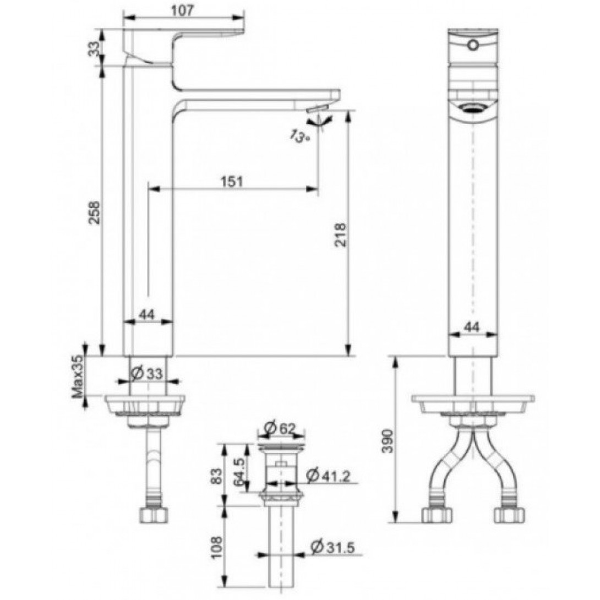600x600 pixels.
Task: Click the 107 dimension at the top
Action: pos(184,9)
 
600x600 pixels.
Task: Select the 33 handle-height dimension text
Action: pos(94,48)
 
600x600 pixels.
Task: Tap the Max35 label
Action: pos(77,376)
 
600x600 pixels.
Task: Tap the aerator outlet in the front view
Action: pos(472,108)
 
